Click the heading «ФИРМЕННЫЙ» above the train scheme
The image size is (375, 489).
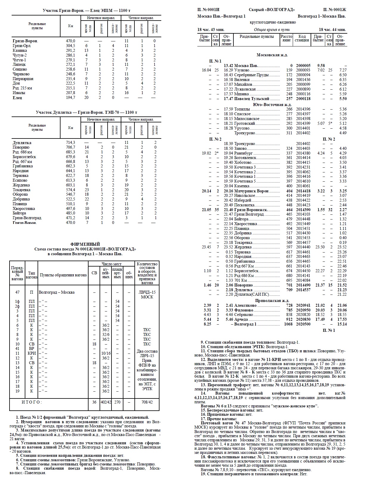(85, 244)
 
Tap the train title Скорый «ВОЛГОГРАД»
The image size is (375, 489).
(272, 10)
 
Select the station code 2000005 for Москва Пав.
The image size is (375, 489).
(303, 66)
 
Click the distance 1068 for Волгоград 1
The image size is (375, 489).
(288, 324)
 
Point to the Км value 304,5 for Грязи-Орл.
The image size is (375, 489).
(70, 46)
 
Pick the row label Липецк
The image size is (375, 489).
(19, 65)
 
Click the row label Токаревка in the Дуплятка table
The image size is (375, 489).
(21, 190)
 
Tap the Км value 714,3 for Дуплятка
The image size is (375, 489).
(70, 143)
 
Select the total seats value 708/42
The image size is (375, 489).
(147, 402)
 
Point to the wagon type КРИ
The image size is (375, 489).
(32, 353)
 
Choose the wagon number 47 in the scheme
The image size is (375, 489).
(17, 292)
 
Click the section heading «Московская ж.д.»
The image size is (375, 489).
(272, 55)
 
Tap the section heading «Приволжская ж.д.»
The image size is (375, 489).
(272, 300)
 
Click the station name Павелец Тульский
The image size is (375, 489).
(252, 99)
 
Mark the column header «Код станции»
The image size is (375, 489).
(302, 38)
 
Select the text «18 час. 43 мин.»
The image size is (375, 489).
(211, 29)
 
